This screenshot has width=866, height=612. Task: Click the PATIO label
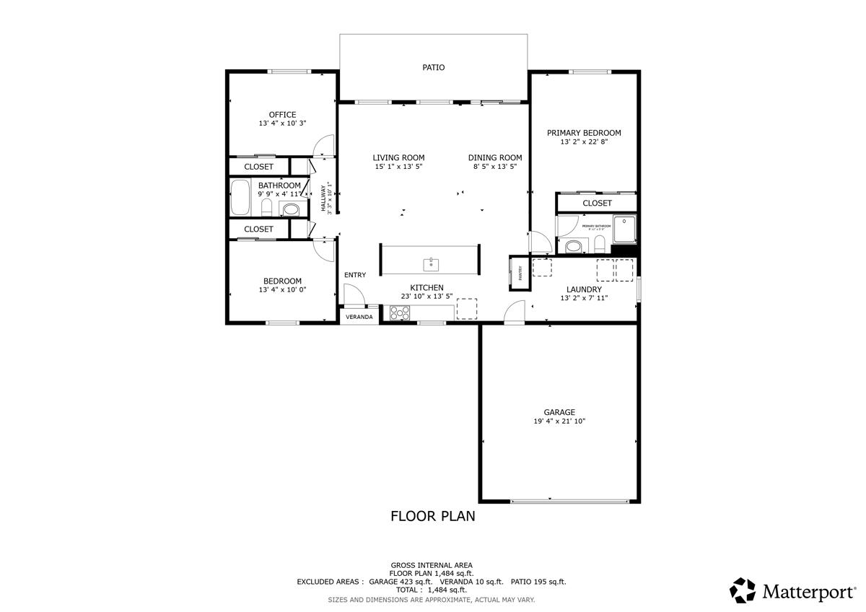[x=433, y=67]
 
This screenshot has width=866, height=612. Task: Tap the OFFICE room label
[x=282, y=115]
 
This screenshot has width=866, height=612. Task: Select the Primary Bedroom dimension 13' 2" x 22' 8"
[x=584, y=142]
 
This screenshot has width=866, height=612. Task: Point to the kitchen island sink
[x=430, y=262]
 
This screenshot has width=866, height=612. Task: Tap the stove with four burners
[x=400, y=312]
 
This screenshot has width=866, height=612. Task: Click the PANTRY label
[x=520, y=273]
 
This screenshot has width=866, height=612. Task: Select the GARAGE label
[x=559, y=412]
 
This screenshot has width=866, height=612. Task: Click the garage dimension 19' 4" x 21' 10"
[x=559, y=421]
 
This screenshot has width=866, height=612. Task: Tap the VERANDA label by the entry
[x=359, y=317]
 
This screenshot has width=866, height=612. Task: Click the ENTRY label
[x=355, y=275]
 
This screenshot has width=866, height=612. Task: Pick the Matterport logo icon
[x=743, y=590]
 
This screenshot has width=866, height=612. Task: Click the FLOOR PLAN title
[x=432, y=516]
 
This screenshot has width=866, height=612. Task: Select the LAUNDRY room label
[x=584, y=289]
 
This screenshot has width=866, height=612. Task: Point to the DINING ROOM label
[x=494, y=157]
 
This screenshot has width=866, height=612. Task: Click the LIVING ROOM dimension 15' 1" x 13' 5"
[x=398, y=167]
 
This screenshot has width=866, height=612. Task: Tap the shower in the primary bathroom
[x=624, y=229]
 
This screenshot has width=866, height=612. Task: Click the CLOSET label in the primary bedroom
[x=597, y=204]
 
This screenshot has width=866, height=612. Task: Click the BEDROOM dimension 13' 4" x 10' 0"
[x=282, y=290]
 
